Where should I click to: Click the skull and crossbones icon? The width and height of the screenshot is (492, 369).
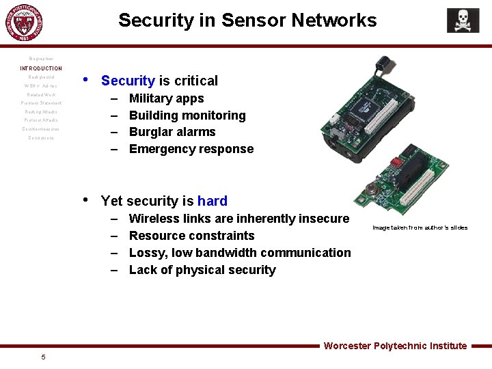(x=463, y=20)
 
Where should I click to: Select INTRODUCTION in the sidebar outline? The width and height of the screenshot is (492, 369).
(x=41, y=68)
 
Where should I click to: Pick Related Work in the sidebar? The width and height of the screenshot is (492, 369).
(x=41, y=94)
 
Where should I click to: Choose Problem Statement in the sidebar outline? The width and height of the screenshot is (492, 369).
(x=41, y=103)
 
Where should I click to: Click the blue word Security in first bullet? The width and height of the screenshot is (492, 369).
(x=128, y=81)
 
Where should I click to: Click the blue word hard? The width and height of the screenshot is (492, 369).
(x=212, y=201)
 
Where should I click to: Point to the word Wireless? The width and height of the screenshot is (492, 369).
(x=154, y=219)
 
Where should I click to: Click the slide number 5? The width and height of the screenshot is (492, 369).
(x=43, y=357)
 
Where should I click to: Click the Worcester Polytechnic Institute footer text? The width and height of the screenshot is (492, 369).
(x=395, y=346)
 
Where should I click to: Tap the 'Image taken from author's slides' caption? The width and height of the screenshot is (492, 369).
(x=420, y=228)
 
